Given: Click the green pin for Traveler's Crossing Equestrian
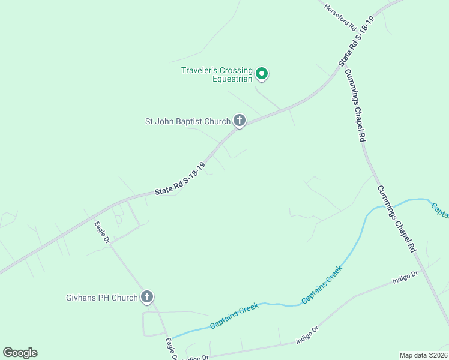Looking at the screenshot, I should [262, 74].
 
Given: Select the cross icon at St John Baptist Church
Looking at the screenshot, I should [240, 121].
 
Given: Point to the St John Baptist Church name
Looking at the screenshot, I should [188, 121].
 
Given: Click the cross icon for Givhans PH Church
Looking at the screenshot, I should [147, 296].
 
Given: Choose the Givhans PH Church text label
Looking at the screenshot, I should [102, 298].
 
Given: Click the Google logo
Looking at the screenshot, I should [20, 353].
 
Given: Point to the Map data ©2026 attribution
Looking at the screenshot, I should [423, 355].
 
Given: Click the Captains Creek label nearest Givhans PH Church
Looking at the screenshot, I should [234, 316].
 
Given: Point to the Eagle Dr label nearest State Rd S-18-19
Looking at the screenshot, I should [101, 232].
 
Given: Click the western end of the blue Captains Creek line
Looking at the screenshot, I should [173, 337].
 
